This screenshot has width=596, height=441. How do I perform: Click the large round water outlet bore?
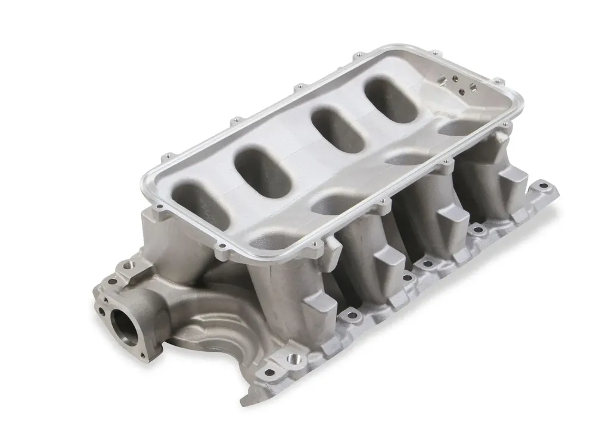pyautogui.click(x=122, y=324)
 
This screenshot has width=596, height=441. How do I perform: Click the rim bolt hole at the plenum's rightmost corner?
pyautogui.click(x=506, y=125)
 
